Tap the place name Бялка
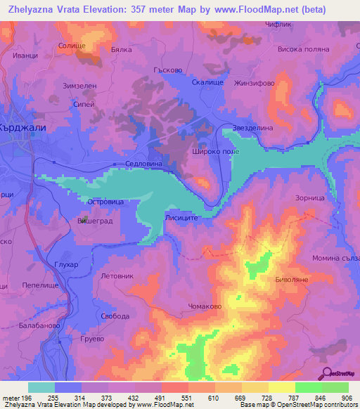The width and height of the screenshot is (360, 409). click(122, 51)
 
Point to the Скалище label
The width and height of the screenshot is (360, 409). click(207, 82)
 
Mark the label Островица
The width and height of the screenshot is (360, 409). click(105, 201)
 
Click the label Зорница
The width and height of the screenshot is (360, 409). click(310, 199)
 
